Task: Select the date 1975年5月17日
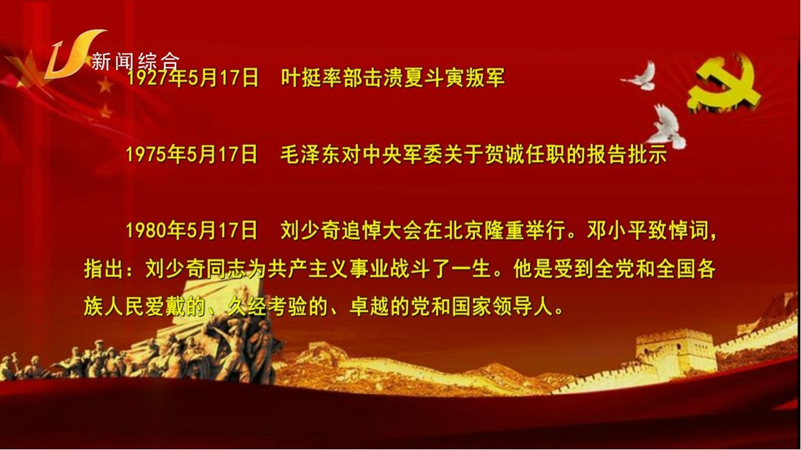191,154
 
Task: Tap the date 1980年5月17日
191,231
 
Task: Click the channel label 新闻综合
135,61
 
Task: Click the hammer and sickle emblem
724,87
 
